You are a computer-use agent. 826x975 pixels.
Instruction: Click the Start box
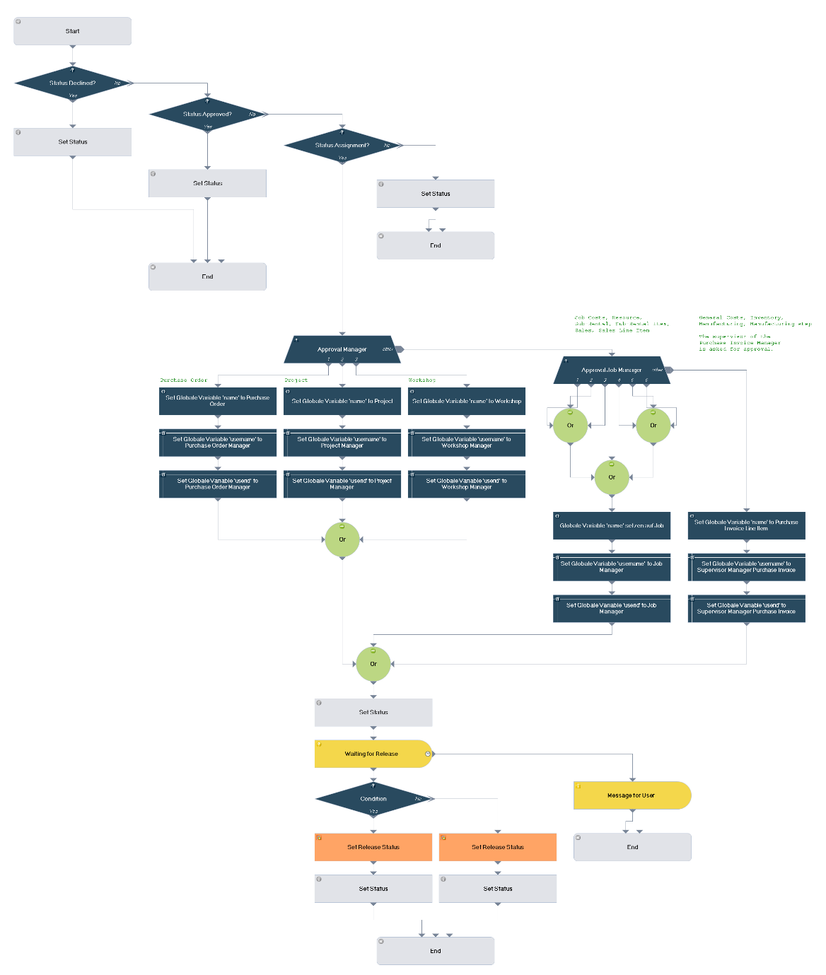point(72,31)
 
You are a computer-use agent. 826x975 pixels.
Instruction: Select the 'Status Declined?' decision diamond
point(72,83)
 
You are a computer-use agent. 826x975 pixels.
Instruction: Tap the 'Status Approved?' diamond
point(207,115)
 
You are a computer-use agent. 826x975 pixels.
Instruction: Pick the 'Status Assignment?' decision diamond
point(342,146)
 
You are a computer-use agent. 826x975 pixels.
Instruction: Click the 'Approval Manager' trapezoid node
point(342,349)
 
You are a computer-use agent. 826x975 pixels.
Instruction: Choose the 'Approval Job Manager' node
point(612,370)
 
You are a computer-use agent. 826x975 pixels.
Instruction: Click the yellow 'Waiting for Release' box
point(372,754)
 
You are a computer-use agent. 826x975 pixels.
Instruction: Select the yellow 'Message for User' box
point(632,795)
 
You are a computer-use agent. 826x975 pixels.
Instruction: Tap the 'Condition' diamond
point(373,799)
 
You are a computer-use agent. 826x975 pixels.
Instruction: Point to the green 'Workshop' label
point(422,380)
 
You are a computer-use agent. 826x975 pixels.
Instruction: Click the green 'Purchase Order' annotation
point(184,380)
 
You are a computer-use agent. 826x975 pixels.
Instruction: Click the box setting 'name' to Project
point(342,401)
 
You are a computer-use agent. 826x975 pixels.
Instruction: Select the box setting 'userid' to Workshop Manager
point(467,484)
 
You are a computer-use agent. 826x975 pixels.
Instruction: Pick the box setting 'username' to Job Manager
point(612,567)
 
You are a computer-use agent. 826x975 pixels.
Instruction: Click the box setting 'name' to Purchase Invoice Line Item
point(746,525)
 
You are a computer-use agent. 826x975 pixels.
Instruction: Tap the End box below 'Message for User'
point(632,847)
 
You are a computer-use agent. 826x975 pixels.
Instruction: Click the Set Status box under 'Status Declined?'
point(72,142)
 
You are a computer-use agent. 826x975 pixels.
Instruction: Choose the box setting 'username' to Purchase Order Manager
point(218,443)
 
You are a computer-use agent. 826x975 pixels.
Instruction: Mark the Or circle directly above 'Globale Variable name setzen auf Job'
point(612,477)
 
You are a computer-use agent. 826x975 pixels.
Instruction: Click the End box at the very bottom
point(435,951)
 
